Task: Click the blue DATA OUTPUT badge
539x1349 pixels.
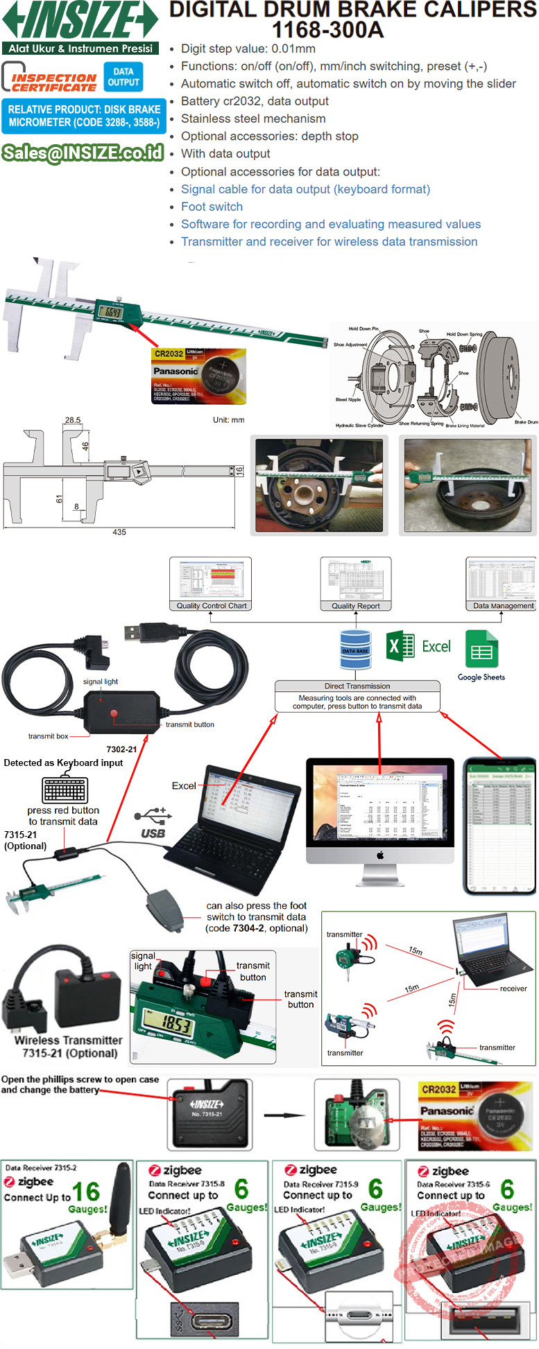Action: coord(123,77)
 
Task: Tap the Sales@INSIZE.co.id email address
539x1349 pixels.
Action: coord(83,153)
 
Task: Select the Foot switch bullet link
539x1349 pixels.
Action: coord(212,207)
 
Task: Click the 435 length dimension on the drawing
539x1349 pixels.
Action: coord(119,532)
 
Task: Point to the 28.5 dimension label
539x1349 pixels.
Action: coord(73,420)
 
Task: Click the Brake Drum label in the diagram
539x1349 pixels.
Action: coord(526,421)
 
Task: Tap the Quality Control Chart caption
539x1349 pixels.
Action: coord(211,605)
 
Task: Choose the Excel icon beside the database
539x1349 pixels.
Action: coord(400,647)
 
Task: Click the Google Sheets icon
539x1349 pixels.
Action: coord(481,649)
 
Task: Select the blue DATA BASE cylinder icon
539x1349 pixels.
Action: coord(355,650)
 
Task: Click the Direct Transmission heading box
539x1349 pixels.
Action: coord(357,686)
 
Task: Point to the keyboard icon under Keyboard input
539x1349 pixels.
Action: coord(65,789)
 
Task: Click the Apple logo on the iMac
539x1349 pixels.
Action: coord(380,856)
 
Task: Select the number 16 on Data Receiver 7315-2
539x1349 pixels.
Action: coord(86,1192)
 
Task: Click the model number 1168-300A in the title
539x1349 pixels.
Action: coord(327,31)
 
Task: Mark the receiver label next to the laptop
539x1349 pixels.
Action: coord(513,989)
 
